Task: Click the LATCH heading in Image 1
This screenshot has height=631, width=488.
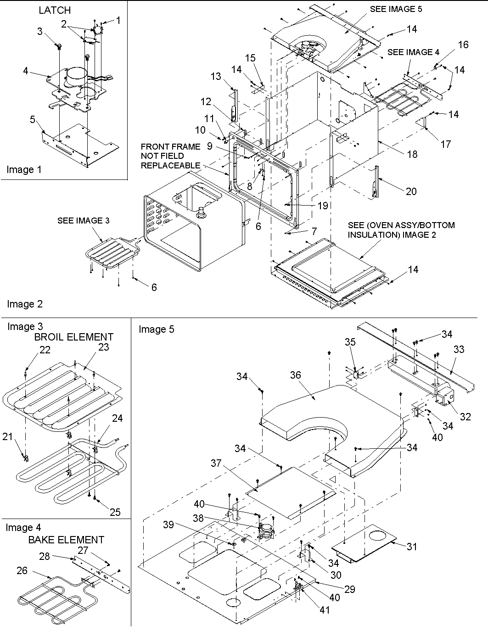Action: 55,10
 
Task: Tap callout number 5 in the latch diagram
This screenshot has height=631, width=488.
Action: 32,120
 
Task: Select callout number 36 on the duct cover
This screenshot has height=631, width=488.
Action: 295,375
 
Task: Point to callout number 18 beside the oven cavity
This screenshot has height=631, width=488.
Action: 412,154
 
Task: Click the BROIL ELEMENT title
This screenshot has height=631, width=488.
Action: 73,337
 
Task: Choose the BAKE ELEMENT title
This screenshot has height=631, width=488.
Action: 66,540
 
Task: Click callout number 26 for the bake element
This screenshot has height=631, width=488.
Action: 22,570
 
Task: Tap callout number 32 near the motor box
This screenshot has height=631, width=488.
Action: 465,417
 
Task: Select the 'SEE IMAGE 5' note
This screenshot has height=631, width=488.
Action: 396,9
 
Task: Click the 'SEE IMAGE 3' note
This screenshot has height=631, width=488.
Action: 83,221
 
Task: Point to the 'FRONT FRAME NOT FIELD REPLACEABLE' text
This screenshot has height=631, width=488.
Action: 170,156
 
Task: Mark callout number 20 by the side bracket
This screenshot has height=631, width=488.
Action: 411,191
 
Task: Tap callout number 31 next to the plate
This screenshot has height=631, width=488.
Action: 412,546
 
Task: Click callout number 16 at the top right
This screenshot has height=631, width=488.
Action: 463,44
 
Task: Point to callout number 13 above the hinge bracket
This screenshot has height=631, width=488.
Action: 216,77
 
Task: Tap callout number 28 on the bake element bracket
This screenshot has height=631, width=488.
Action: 44,557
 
